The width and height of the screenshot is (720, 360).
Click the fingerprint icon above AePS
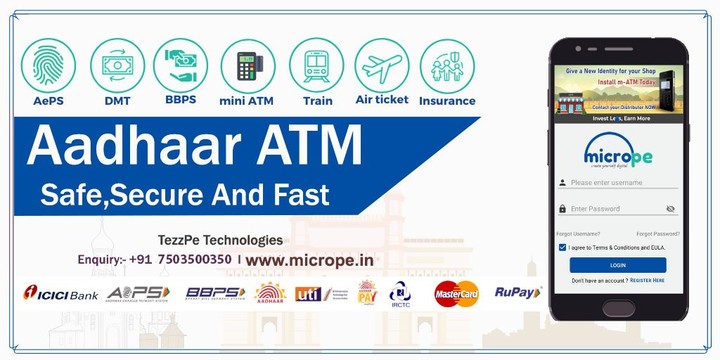coord(48,65)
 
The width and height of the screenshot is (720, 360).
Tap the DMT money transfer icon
coord(117,65)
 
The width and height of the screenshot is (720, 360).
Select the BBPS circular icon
coord(182,65)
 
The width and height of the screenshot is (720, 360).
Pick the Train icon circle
coord(316,65)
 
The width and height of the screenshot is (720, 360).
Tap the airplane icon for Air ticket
coord(382,65)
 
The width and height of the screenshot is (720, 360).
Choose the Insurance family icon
coord(447,65)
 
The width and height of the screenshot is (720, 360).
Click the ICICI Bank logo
coord(60,293)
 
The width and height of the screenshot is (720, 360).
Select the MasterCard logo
coord(456,293)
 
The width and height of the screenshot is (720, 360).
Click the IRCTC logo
coord(400,293)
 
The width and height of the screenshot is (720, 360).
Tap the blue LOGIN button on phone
coord(617,265)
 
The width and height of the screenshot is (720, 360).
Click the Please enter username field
coord(620,183)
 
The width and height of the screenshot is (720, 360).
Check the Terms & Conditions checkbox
coord(562,246)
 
